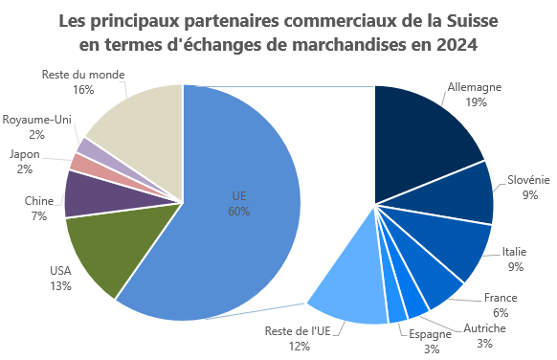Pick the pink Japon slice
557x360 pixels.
tap(81, 162)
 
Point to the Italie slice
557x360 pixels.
tap(450, 245)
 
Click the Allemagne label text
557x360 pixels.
tap(475, 86)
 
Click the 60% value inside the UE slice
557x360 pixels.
tap(239, 211)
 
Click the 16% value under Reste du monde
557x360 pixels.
tap(82, 90)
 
